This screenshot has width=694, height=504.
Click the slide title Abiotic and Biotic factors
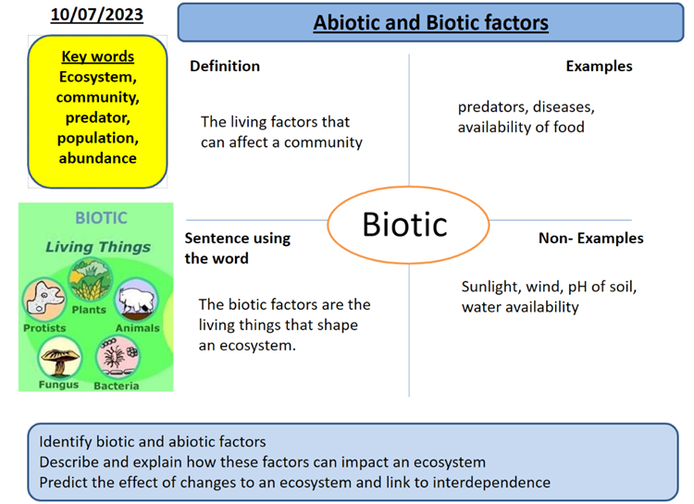(x=430, y=22)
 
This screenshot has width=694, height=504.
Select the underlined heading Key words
(x=96, y=56)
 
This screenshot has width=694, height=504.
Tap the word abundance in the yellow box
(x=96, y=157)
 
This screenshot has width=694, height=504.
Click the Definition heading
(x=225, y=66)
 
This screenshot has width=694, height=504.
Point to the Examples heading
(x=599, y=66)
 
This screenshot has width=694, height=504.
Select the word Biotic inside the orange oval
(x=404, y=224)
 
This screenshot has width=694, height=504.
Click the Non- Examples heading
(x=590, y=238)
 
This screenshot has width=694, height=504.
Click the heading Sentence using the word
(x=237, y=248)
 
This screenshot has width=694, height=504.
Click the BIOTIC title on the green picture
(x=101, y=218)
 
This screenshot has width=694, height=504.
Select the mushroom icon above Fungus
(x=60, y=358)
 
